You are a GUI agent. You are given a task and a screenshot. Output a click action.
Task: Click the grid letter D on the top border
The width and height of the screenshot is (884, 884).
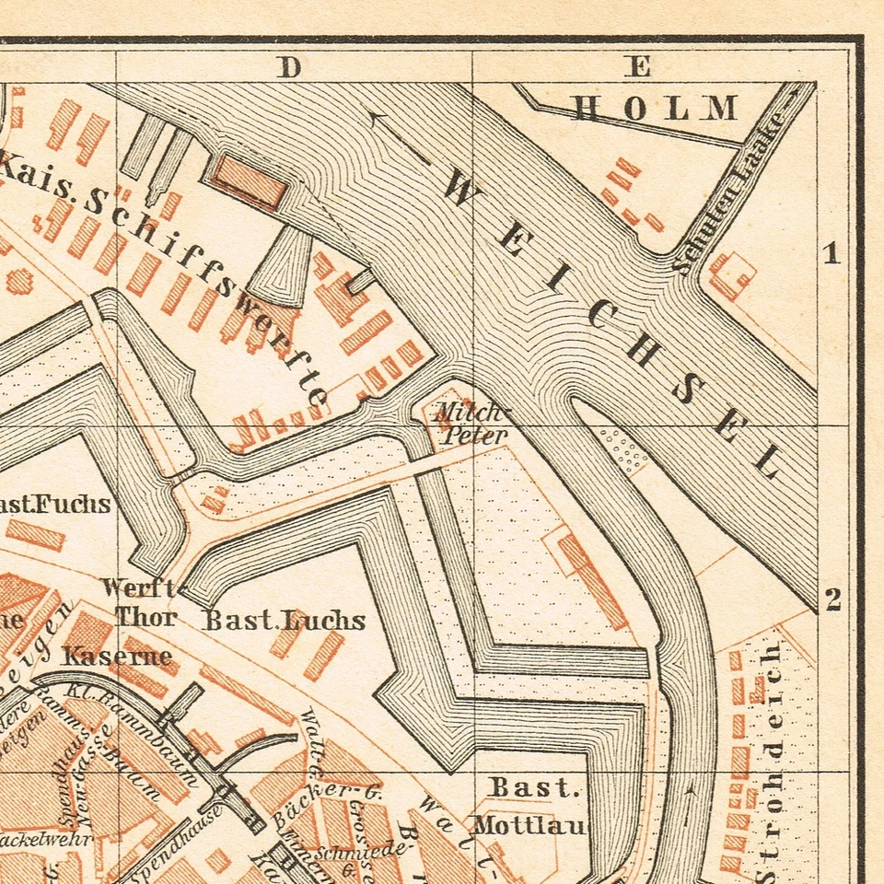(291, 67)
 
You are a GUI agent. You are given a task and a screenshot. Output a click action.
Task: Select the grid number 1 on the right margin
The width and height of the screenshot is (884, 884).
(832, 253)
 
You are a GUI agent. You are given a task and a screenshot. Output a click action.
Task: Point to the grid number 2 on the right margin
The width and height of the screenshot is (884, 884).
(832, 600)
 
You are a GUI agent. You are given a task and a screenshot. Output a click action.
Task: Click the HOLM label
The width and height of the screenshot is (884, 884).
(655, 109)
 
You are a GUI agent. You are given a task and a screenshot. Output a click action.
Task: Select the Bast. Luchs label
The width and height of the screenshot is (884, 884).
(284, 620)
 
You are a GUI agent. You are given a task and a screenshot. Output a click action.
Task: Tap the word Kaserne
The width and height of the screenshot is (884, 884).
(117, 657)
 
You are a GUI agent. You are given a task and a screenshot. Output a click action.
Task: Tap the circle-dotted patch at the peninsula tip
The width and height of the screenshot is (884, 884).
(623, 448)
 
